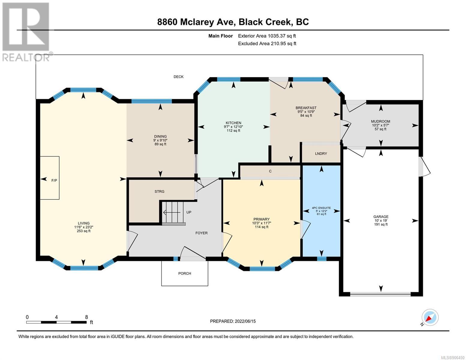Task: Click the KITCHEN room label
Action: click(x=233, y=123)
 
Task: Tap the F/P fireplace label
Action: click(x=54, y=181)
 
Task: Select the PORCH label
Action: click(x=185, y=273)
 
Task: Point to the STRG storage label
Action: click(x=159, y=191)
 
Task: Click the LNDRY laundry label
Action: click(x=321, y=154)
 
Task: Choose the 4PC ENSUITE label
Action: click(x=321, y=208)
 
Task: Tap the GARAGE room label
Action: click(x=381, y=217)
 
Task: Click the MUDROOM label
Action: click(x=381, y=121)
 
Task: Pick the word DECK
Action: click(x=179, y=77)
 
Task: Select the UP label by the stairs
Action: click(x=189, y=212)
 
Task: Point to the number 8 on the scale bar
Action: click(x=86, y=317)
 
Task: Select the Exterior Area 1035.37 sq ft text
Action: click(x=267, y=36)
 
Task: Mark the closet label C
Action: click(x=270, y=171)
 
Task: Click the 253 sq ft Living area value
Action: click(x=84, y=231)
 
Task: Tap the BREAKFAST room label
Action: click(x=306, y=108)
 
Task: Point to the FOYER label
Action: click(x=201, y=233)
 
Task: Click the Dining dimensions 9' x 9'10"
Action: click(x=161, y=140)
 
